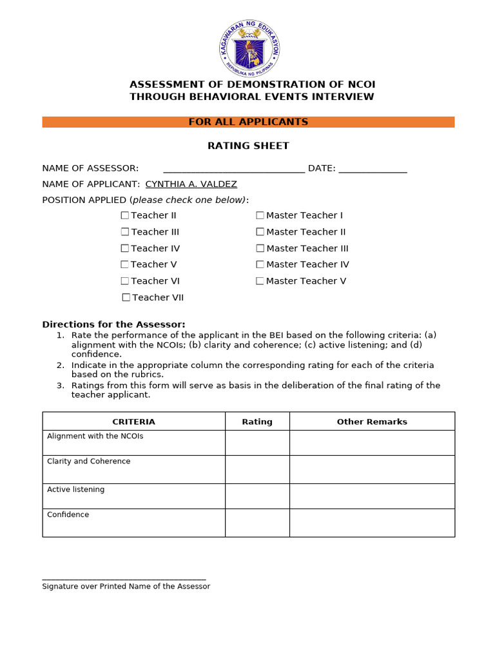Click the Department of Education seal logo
[249, 48]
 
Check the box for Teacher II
[125, 215]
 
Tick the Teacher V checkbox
[124, 264]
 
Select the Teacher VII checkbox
[126, 297]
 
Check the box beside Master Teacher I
[260, 215]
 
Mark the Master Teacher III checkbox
[260, 248]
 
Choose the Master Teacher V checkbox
[260, 281]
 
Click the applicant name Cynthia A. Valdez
[191, 184]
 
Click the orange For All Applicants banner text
[248, 122]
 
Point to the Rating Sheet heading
[248, 146]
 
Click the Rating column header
[257, 422]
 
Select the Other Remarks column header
[372, 422]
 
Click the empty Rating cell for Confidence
[257, 523]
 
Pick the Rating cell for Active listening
[257, 496]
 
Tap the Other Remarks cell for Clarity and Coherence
[372, 469]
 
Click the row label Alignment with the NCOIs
[95, 436]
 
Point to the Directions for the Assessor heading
[113, 324]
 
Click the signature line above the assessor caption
[124, 579]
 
